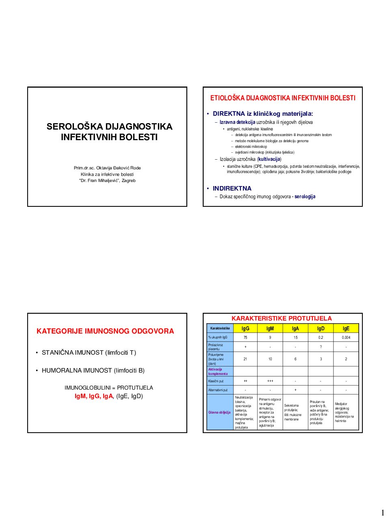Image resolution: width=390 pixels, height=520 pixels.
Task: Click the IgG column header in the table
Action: (245, 328)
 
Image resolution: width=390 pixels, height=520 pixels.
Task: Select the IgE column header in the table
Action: (346, 328)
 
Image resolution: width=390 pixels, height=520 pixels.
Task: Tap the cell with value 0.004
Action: (346, 338)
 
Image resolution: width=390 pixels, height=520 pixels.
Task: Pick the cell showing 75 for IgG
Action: (245, 338)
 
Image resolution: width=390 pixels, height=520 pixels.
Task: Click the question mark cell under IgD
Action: (321, 347)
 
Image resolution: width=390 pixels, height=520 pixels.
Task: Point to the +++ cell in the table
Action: (270, 381)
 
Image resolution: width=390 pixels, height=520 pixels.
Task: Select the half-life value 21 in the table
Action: (245, 359)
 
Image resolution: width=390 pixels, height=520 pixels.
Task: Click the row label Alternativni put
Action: (218, 390)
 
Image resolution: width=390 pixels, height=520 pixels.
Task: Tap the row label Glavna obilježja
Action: (219, 412)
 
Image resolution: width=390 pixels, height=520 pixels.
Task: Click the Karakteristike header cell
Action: (220, 328)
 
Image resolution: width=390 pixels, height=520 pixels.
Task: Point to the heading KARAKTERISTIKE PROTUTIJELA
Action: (282, 318)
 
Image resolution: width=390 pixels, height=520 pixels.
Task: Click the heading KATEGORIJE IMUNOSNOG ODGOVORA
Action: (105, 331)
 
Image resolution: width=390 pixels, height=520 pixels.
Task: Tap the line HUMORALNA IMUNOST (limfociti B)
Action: (93, 370)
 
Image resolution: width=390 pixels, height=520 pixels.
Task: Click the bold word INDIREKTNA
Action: (232, 188)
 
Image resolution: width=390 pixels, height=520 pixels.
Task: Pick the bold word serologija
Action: (305, 197)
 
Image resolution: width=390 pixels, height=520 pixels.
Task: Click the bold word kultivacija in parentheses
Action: (269, 159)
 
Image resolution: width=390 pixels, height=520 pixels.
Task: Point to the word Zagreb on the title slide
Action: (128, 181)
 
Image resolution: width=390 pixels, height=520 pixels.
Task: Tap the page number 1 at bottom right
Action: (382, 513)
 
